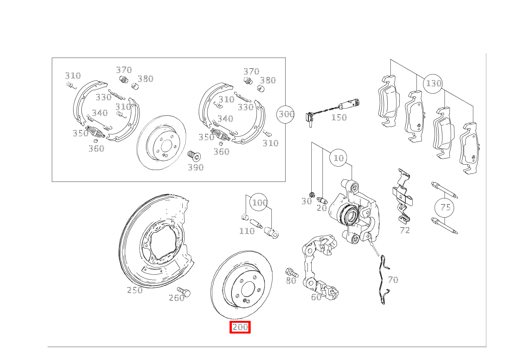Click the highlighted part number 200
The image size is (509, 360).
tap(240, 327)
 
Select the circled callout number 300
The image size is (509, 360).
tap(286, 114)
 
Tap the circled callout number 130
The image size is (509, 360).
tap(433, 83)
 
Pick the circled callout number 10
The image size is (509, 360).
tap(339, 158)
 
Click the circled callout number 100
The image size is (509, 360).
tap(259, 202)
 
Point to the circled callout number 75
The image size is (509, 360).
tap(445, 207)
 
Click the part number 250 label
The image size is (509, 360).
tap(135, 290)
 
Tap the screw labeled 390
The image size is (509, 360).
tap(194, 156)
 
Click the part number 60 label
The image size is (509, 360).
tap(316, 297)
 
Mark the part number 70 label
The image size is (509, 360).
tap(393, 280)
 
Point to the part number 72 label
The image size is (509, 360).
tap(405, 230)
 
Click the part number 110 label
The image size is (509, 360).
tap(247, 231)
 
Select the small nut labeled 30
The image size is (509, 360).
tap(312, 194)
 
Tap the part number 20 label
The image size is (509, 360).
tap(321, 208)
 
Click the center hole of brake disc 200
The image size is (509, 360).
tap(248, 289)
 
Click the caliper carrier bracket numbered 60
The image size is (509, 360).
tap(319, 265)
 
